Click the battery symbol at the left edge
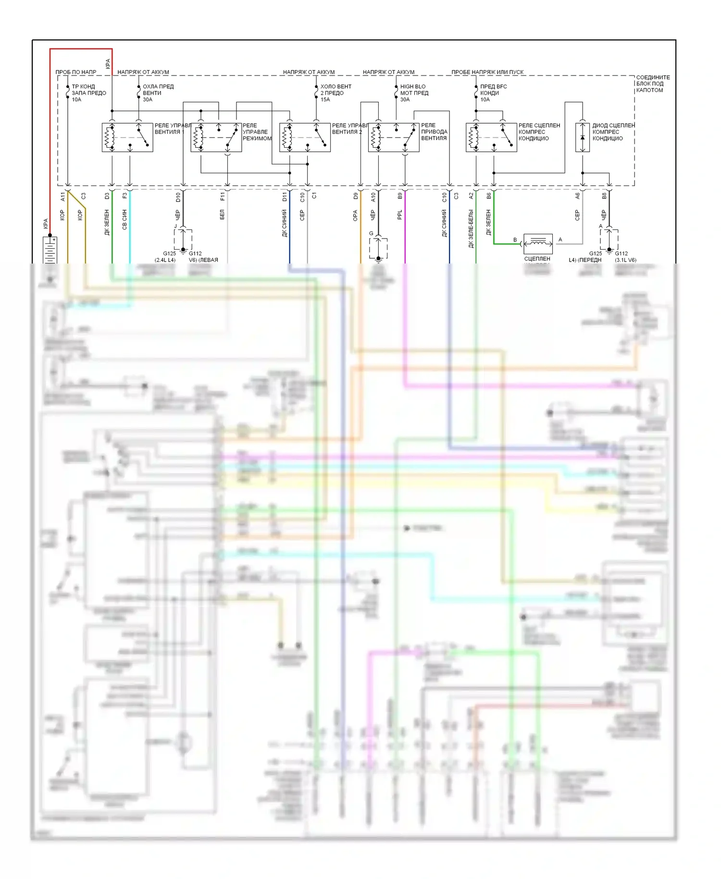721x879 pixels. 50,250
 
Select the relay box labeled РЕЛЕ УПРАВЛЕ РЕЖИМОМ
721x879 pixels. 216,138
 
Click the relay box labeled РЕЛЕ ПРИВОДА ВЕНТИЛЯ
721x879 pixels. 393,138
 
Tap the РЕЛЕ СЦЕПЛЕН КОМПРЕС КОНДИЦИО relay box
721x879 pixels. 491,138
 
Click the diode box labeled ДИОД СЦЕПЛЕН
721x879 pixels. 582,138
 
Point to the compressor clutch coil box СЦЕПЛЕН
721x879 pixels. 538,244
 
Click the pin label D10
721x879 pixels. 178,197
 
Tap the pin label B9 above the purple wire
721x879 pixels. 400,196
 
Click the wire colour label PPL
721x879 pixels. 400,215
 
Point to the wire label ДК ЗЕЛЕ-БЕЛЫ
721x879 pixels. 471,229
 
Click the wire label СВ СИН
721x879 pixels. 124,219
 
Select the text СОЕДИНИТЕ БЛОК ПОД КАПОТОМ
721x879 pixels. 652,84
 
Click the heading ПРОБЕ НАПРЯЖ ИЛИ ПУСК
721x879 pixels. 487,72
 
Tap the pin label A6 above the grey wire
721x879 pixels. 577,196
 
